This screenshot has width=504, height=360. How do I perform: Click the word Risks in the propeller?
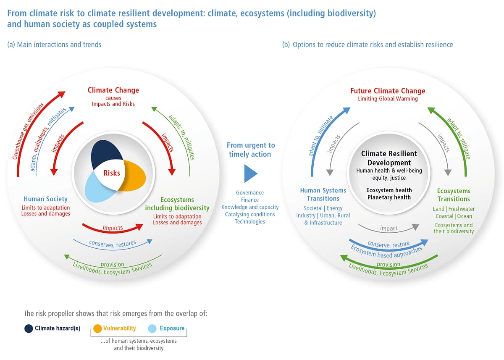[x=112, y=173]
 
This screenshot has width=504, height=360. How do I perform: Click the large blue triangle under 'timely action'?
[x=250, y=173]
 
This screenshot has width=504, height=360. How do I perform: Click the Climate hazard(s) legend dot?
[x=29, y=328]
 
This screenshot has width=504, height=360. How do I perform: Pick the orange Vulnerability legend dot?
[x=97, y=328]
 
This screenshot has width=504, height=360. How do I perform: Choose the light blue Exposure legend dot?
[x=152, y=328]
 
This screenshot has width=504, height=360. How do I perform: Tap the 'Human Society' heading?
[x=46, y=199]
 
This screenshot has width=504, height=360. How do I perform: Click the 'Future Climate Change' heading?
[x=388, y=91]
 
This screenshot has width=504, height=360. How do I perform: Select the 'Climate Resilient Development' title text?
[x=389, y=158]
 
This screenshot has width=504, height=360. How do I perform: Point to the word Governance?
[x=250, y=192]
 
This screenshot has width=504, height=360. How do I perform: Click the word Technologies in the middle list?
[x=250, y=222]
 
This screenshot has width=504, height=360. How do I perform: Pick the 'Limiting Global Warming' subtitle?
[x=388, y=99]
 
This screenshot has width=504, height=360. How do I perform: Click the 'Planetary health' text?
[x=389, y=197]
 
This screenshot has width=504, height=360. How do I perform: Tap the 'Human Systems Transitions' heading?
[x=323, y=194]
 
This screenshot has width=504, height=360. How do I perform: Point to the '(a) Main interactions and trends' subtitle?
[x=54, y=45]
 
